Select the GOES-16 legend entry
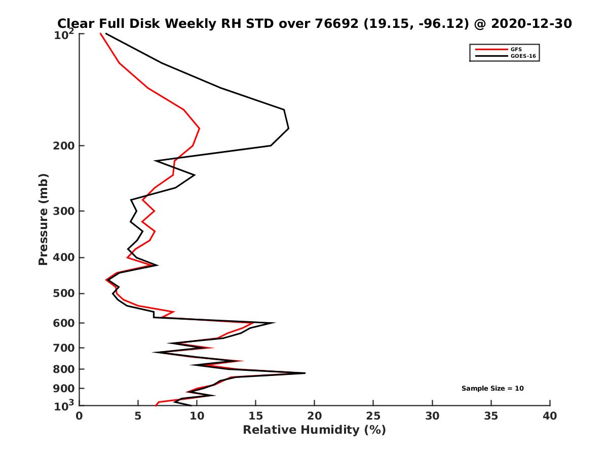click(521, 56)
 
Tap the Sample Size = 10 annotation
click(492, 389)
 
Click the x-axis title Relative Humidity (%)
click(314, 430)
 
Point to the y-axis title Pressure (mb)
click(43, 219)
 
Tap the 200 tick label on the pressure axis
click(62, 146)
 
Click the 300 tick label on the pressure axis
click(62, 211)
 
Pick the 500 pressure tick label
click(62, 293)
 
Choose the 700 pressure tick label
click(62, 348)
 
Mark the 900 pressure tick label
click(62, 389)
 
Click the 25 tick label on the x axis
click(373, 416)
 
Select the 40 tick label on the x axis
click(550, 416)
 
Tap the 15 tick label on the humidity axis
click(256, 416)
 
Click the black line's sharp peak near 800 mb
click(305, 373)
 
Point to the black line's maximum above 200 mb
click(288, 128)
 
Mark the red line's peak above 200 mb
click(200, 129)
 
